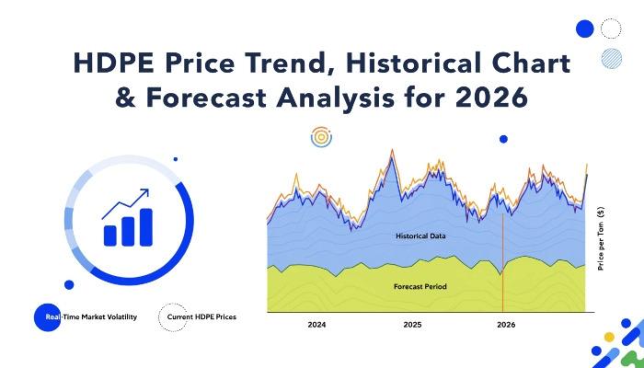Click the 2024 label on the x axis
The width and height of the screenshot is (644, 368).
pos(316,325)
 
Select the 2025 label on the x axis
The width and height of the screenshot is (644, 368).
pos(412,325)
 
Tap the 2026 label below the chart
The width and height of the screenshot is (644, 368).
pos(506,325)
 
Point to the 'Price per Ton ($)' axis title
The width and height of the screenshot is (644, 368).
pos(601,238)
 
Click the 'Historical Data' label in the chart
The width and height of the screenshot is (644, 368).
pos(420,236)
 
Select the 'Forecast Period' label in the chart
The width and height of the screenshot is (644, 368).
pos(420,287)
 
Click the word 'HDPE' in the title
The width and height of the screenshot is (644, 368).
pos(114,63)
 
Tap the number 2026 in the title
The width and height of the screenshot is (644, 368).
pos(491,98)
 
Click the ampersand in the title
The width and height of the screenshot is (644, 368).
pos(125,98)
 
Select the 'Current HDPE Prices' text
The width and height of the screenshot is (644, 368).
pos(201,317)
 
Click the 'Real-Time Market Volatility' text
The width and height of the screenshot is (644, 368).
pos(91,317)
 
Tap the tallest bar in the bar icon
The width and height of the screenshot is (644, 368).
pos(146,227)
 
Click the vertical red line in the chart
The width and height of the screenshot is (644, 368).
pos(502,262)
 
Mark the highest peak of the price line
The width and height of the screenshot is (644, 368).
pos(392,149)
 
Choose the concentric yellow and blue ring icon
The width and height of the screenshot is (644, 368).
pos(321,137)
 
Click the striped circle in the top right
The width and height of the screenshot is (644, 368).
pos(612,58)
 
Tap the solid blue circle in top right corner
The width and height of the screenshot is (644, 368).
pos(585,29)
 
